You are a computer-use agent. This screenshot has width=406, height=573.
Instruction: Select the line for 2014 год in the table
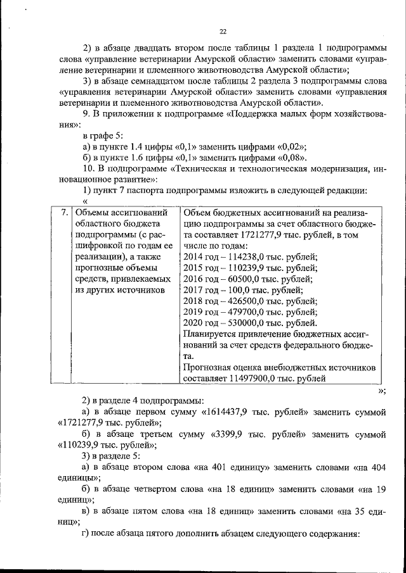(250, 256)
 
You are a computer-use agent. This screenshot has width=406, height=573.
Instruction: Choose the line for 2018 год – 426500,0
(250, 301)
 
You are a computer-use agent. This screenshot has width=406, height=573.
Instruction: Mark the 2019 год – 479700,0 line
(250, 312)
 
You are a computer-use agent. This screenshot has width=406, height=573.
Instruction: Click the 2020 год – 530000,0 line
(250, 324)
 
